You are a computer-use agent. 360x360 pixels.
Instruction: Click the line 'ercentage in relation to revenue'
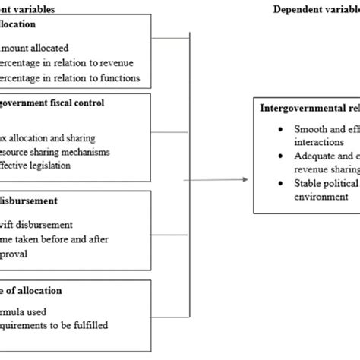click(x=65, y=62)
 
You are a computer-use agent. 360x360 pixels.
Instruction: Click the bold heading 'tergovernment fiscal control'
click(x=63, y=103)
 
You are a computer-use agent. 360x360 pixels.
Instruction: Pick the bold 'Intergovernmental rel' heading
click(x=307, y=107)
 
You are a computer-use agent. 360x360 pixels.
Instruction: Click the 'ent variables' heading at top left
click(x=33, y=9)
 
